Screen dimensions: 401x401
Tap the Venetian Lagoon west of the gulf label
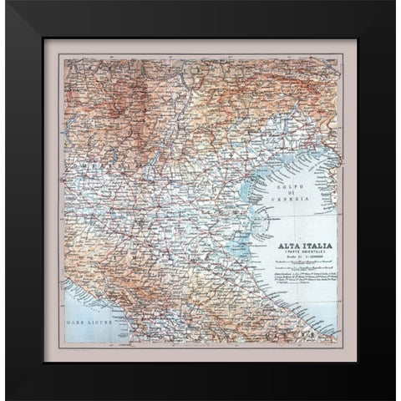(x=243, y=188)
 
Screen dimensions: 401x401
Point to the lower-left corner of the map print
(x=63, y=343)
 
